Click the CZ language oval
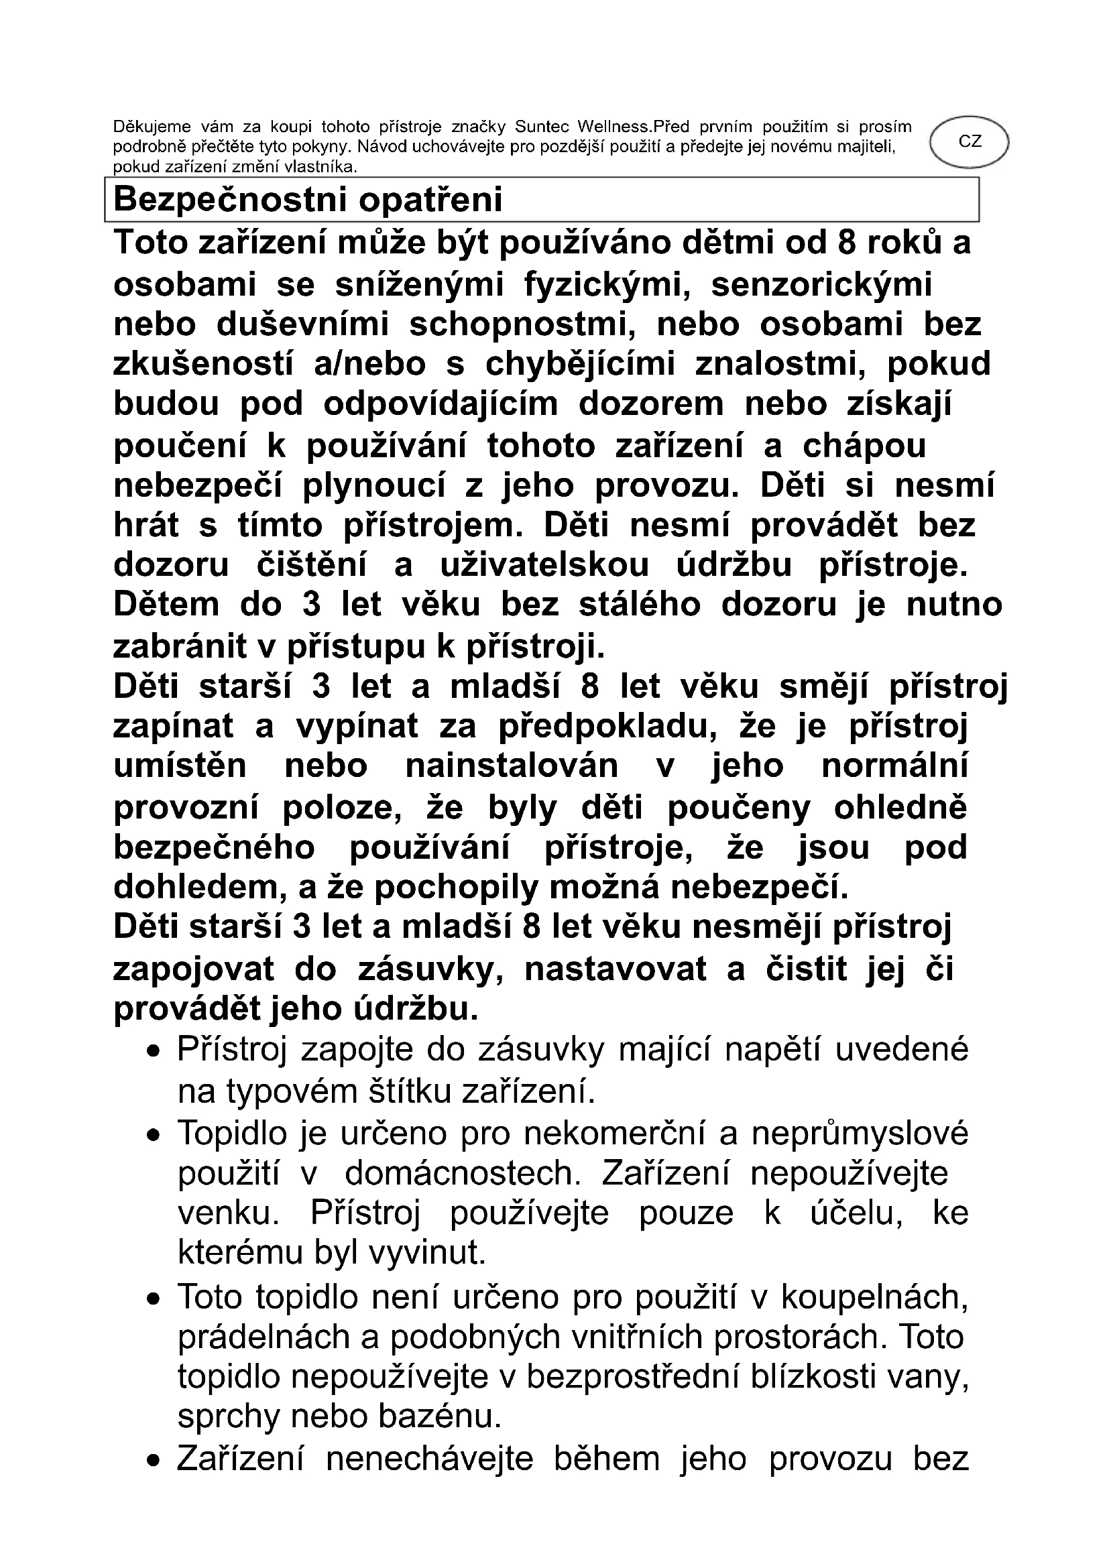tap(969, 142)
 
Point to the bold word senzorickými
tap(821, 285)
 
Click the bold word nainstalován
tap(512, 766)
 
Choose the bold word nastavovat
tap(616, 969)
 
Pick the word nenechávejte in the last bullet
tap(429, 1459)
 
